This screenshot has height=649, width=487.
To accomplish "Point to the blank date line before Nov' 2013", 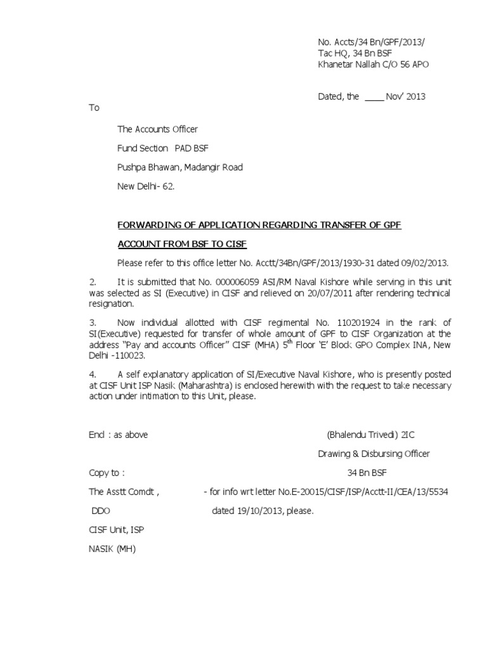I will pos(375,97).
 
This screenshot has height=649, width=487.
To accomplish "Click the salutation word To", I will pos(94,108).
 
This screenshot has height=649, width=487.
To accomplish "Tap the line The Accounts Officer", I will pos(157,129).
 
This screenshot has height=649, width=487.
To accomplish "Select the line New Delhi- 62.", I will pos(145,187).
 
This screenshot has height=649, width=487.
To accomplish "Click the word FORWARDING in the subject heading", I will pos(148,225).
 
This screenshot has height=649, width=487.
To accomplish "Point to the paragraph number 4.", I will pos(92,375).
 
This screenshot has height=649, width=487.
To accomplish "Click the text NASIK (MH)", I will pos(112,549).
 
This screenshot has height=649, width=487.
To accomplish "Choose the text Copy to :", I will pos(107,473).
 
